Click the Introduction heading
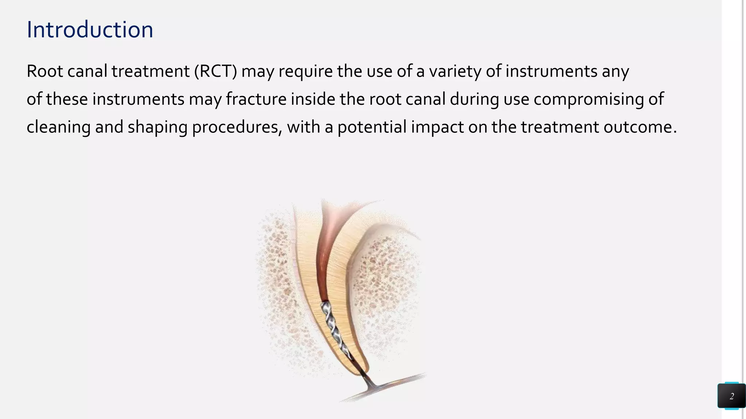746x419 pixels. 90,30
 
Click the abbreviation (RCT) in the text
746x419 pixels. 216,71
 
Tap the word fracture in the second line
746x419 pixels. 256,99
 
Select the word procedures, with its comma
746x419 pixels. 237,127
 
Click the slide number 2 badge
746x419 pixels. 731,396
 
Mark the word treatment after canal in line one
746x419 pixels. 150,71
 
